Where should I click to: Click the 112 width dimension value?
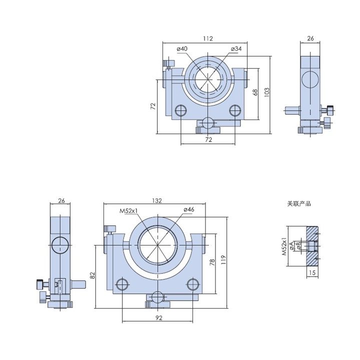coord(208,38)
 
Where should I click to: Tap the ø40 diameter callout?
coord(182,48)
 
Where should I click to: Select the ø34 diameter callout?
coord(236,48)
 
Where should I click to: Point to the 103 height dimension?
coord(267,92)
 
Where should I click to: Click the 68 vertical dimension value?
coord(255,92)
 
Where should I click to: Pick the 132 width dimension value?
coord(157,200)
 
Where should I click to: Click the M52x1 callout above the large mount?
coord(128,211)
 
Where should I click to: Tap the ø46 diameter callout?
coord(189,209)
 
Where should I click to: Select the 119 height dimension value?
coord(223,259)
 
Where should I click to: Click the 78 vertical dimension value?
coord(212,262)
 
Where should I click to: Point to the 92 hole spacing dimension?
coord(159,318)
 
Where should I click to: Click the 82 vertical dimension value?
coord(92,275)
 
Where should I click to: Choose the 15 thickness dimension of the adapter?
coord(312,273)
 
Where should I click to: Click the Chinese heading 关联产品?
coord(299,203)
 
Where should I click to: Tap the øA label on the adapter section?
coord(291,245)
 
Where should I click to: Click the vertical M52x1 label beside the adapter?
coord(284,246)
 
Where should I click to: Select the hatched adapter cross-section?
coord(312,246)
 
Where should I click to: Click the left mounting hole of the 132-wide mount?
coord(122,284)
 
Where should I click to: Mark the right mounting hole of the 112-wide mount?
coord(235,110)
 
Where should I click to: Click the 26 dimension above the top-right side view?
coord(310,38)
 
